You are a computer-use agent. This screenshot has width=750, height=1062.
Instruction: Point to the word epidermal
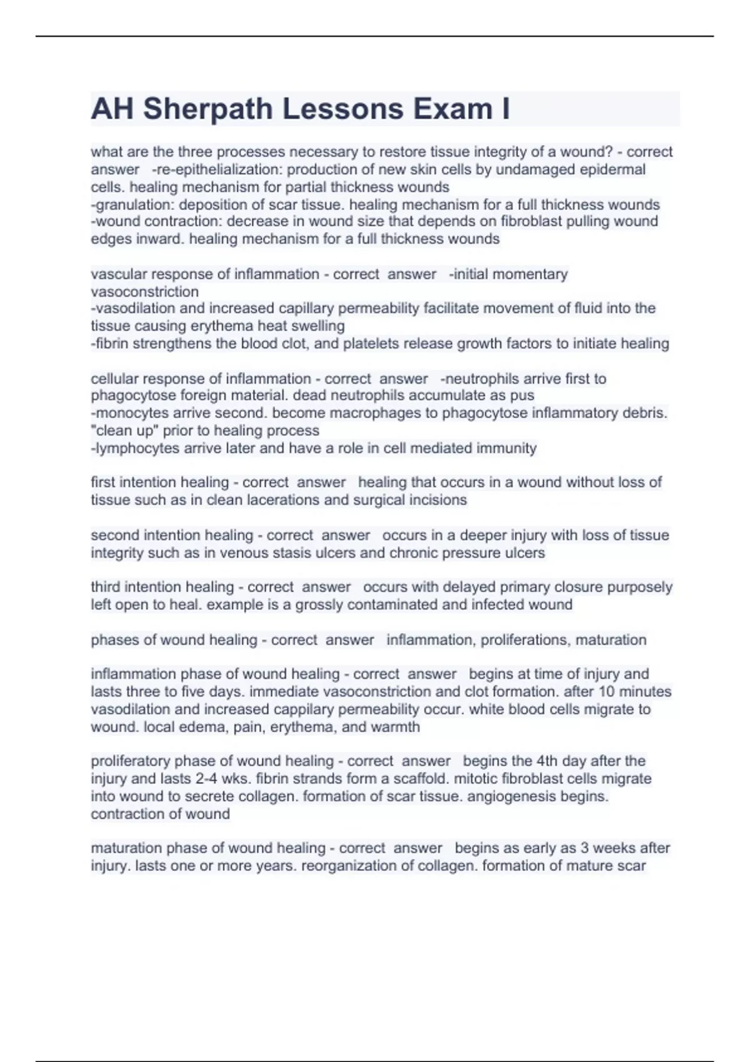click(612, 169)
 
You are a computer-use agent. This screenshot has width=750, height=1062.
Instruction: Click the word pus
click(522, 395)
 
